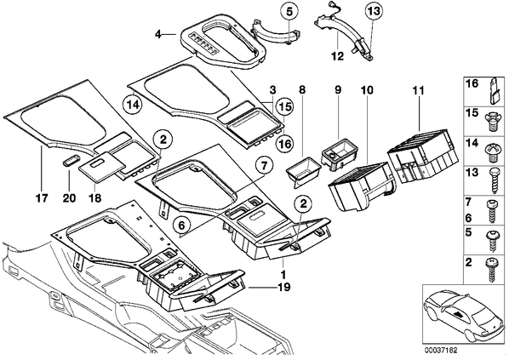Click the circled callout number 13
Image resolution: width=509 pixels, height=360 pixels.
pyautogui.click(x=374, y=11)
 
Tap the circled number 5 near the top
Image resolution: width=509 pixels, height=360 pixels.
pyautogui.click(x=289, y=11)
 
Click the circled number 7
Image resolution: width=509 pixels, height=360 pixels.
pyautogui.click(x=264, y=166)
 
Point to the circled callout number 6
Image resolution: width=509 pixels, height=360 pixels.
pyautogui.click(x=181, y=225)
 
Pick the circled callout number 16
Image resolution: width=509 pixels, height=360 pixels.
pyautogui.click(x=284, y=143)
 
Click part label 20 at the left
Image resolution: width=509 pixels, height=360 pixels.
pyautogui.click(x=69, y=197)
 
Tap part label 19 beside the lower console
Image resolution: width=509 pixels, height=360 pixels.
pyautogui.click(x=283, y=287)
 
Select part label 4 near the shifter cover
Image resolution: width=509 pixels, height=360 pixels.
pyautogui.click(x=158, y=34)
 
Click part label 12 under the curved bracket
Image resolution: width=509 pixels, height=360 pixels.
pyautogui.click(x=338, y=56)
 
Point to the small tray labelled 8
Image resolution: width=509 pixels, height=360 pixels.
pyautogui.click(x=304, y=170)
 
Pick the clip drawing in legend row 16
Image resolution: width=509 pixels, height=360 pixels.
pyautogui.click(x=495, y=91)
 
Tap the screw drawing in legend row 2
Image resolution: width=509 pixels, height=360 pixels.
pyautogui.click(x=491, y=270)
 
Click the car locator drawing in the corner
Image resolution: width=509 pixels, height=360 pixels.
pyautogui.click(x=464, y=316)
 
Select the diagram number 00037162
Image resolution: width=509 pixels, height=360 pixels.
pyautogui.click(x=441, y=351)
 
